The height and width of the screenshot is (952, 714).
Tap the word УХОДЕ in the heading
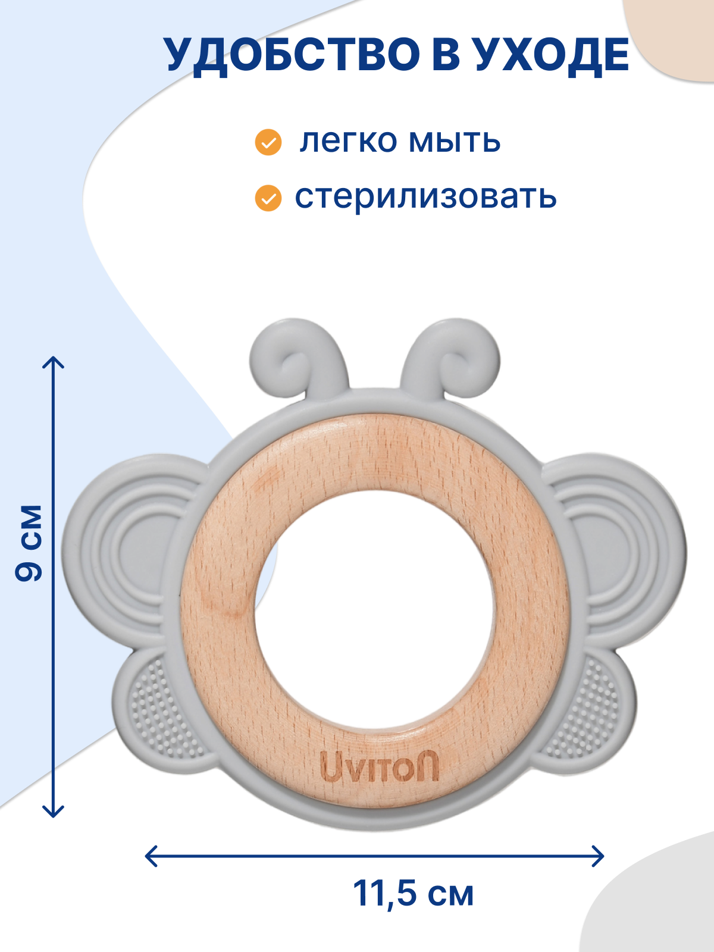551,55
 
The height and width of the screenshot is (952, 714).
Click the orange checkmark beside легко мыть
268,142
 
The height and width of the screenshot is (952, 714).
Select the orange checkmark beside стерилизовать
268,198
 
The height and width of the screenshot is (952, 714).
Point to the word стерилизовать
425,198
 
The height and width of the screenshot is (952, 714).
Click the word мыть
455,141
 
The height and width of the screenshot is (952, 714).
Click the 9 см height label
29,543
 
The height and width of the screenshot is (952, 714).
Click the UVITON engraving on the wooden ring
380,766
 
